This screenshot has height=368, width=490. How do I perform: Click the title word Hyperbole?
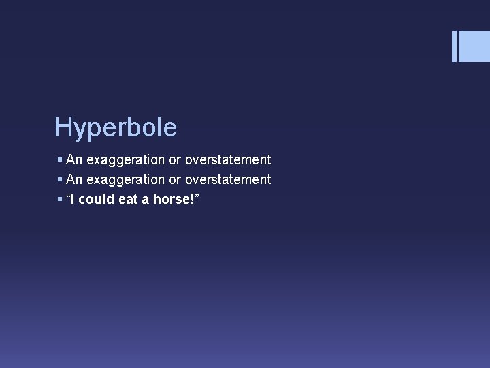point(116,127)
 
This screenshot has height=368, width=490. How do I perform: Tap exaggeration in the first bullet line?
point(126,160)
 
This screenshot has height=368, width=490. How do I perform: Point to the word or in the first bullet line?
point(175,160)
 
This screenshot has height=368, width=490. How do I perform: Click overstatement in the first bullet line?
point(228,160)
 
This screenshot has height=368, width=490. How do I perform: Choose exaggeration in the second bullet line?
point(126,180)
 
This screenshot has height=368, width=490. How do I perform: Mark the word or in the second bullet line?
point(175,180)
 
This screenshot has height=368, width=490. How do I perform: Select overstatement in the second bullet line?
point(228,180)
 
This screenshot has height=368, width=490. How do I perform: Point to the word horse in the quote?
point(171,200)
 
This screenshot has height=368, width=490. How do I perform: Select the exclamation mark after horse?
point(192,200)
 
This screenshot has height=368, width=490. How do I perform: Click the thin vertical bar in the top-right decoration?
point(454,46)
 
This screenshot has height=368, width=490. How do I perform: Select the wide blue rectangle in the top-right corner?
point(475,46)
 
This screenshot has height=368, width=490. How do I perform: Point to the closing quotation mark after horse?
point(197,196)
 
